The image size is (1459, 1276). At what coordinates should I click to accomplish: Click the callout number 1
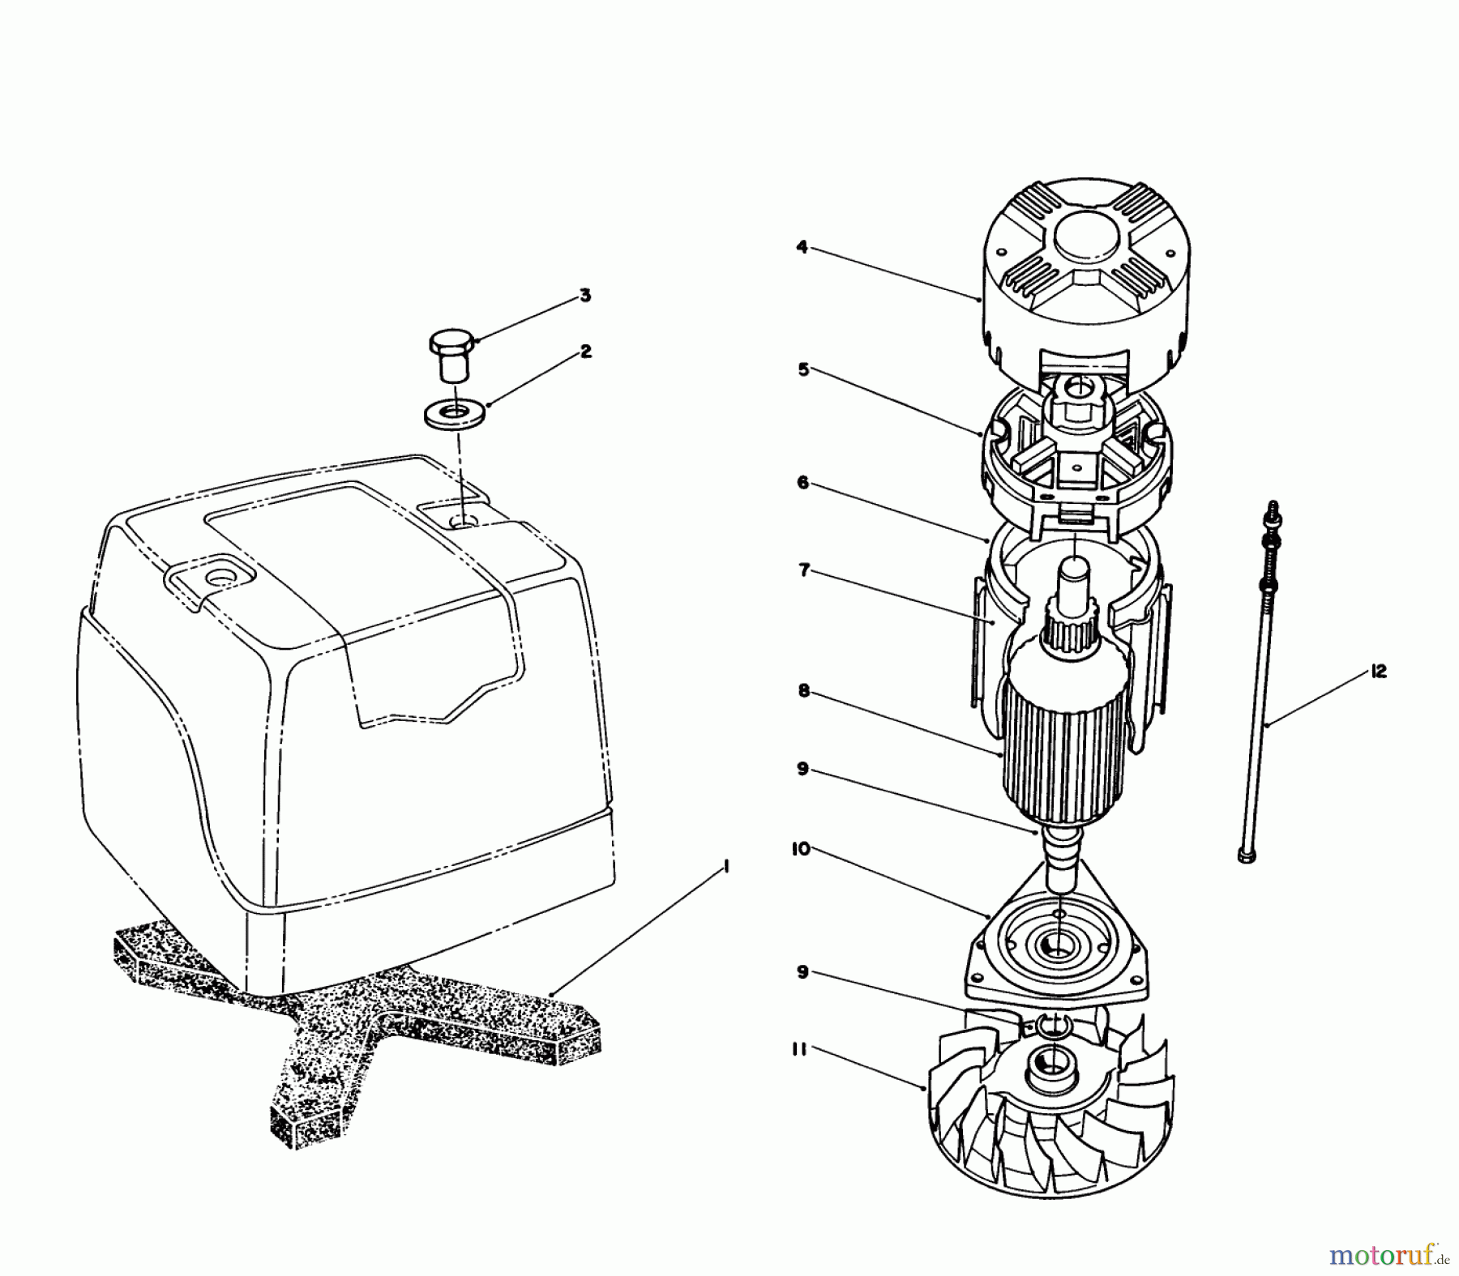726,867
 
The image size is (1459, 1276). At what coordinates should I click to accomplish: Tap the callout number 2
585,352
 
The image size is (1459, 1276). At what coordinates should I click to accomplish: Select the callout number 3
585,296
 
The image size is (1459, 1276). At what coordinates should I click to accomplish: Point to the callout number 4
802,247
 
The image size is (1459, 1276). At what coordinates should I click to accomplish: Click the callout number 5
803,369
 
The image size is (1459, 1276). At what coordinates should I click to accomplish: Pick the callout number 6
802,483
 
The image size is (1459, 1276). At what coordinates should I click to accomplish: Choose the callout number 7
803,571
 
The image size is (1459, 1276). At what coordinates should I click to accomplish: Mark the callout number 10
801,850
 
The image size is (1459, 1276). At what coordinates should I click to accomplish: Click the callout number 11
800,1051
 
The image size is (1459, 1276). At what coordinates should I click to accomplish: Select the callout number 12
1379,671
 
